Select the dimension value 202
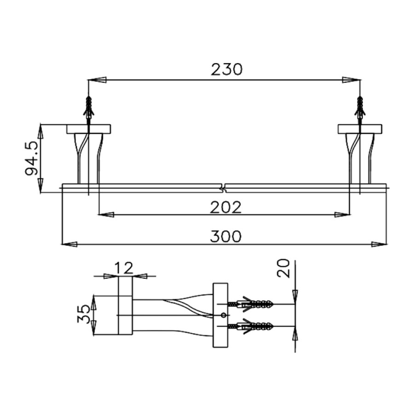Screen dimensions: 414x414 click(225, 208)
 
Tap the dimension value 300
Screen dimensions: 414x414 click(225, 237)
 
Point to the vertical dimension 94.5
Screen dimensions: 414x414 click(31, 158)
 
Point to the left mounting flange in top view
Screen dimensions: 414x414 click(88, 129)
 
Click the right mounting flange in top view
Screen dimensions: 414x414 click(360, 129)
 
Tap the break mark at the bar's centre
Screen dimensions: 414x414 click(224, 188)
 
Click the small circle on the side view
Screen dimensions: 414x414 click(223, 315)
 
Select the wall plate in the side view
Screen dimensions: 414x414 click(220, 315)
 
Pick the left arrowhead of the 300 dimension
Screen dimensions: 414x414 click(68, 244)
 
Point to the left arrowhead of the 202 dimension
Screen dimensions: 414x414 click(106, 214)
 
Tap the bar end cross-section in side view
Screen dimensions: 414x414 click(126, 315)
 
